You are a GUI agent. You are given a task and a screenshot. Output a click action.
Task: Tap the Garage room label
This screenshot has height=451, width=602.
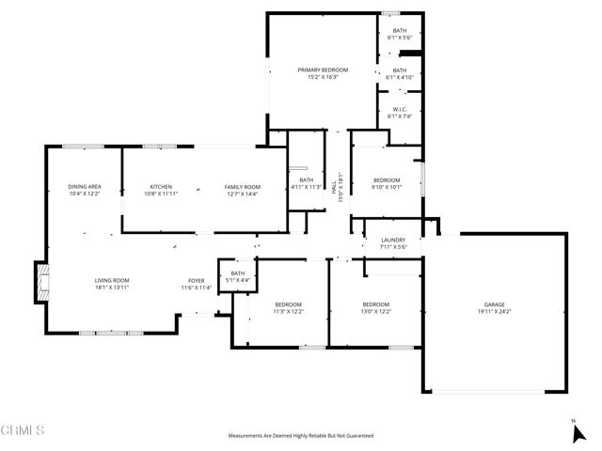point(494,304)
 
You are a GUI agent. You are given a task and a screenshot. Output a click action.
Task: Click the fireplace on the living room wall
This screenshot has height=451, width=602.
point(40,282)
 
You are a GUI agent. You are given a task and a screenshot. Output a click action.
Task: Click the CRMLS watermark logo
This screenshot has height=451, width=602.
point(23,431)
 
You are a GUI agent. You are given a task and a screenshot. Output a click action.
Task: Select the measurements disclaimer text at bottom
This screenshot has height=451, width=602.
point(301,436)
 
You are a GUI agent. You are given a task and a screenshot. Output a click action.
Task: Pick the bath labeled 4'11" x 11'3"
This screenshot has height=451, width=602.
point(306,186)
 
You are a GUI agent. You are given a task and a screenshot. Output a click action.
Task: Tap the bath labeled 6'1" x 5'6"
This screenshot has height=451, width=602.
point(400,36)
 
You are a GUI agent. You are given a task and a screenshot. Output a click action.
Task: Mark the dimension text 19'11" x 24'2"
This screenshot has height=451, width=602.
point(494,311)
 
